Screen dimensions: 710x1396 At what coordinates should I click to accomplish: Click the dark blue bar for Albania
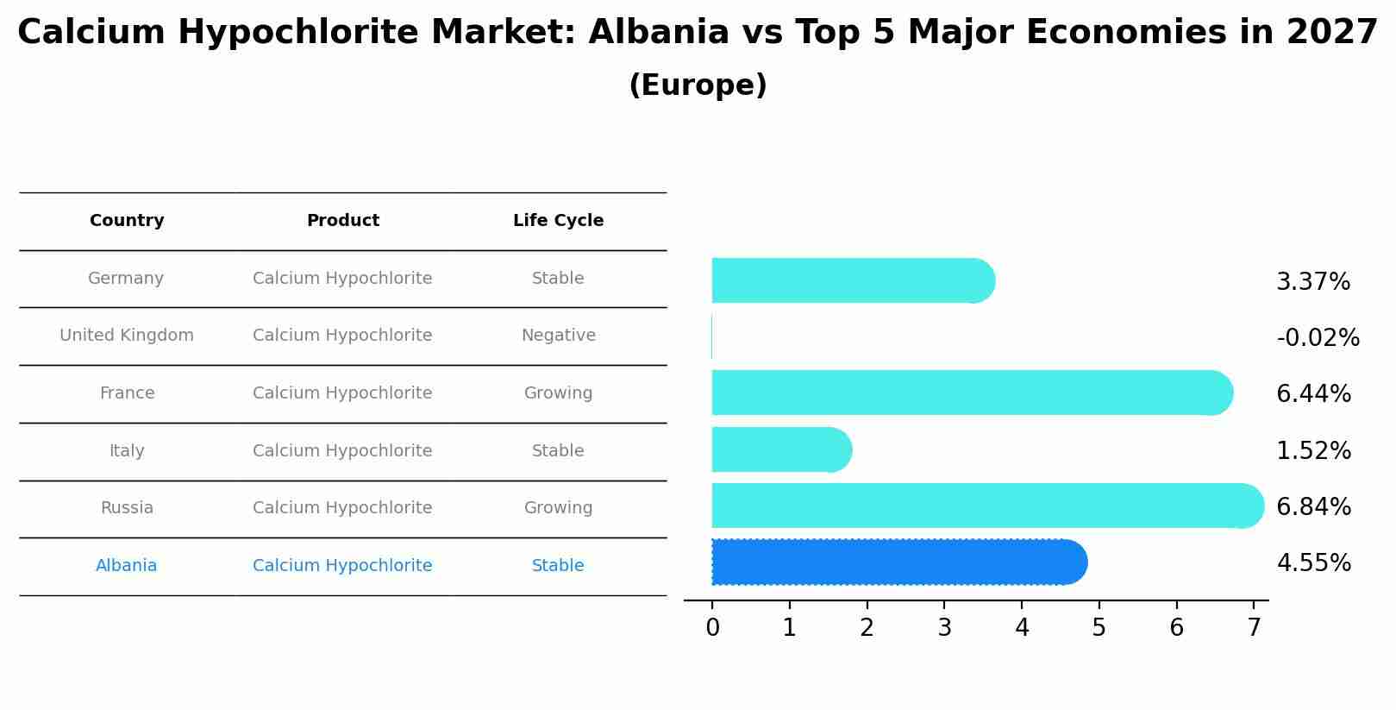pyautogui.click(x=897, y=562)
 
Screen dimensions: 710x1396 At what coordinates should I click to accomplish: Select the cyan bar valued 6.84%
pyautogui.click(x=983, y=506)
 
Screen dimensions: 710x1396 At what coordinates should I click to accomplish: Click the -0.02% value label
pyautogui.click(x=1318, y=337)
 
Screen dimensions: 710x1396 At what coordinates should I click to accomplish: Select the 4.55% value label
pyautogui.click(x=1313, y=563)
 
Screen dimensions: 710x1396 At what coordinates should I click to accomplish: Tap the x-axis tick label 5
pyautogui.click(x=1099, y=628)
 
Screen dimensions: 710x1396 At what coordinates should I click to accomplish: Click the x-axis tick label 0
pyautogui.click(x=712, y=628)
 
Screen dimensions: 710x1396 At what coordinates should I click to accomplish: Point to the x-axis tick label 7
pyautogui.click(x=1254, y=628)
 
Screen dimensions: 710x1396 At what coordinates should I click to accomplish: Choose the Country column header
pyautogui.click(x=127, y=221)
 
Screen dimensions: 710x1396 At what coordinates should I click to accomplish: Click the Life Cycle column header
pyautogui.click(x=558, y=221)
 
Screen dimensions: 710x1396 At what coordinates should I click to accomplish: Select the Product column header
pyautogui.click(x=342, y=221)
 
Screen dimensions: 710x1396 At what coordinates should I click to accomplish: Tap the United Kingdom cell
pyautogui.click(x=127, y=336)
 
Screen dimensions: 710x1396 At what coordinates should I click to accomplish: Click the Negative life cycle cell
pyautogui.click(x=558, y=336)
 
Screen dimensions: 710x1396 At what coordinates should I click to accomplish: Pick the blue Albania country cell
pyautogui.click(x=126, y=566)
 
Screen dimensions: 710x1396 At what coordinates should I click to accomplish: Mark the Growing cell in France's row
pyautogui.click(x=558, y=393)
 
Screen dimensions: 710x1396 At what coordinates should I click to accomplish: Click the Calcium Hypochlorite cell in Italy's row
pyautogui.click(x=342, y=451)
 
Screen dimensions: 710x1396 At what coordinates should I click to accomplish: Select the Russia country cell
pyautogui.click(x=127, y=508)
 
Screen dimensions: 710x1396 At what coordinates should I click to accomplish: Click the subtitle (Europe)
pyautogui.click(x=698, y=85)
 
